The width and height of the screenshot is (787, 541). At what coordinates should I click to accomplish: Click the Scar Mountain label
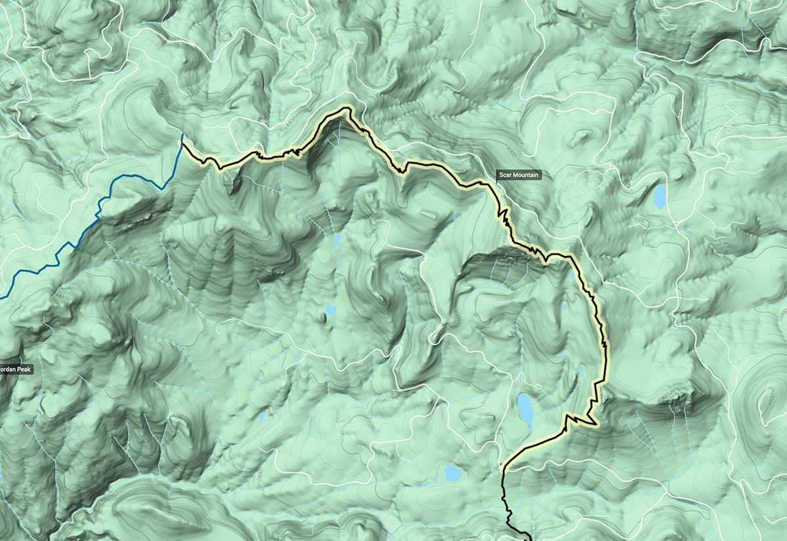pyautogui.click(x=518, y=175)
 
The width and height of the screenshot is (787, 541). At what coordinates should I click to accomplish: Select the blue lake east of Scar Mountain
pyautogui.click(x=659, y=195)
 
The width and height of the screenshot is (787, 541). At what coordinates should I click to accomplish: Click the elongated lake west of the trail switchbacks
pyautogui.click(x=525, y=407)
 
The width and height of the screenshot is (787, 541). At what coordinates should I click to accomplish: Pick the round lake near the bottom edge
pyautogui.click(x=453, y=472)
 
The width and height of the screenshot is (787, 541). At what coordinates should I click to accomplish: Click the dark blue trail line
pyautogui.click(x=98, y=210)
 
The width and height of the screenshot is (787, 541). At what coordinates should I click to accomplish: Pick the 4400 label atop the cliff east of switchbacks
pyautogui.click(x=668, y=395)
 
